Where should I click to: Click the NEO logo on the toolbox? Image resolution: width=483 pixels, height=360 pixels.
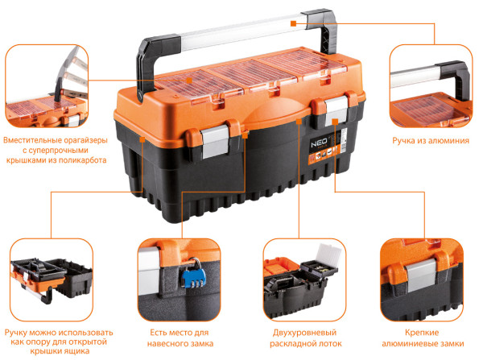click(x=319, y=143)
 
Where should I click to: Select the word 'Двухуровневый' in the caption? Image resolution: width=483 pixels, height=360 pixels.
click(x=304, y=333)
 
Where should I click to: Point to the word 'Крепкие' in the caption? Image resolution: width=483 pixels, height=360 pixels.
click(x=421, y=333)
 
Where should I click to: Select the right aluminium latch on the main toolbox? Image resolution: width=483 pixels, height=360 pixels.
click(x=336, y=110)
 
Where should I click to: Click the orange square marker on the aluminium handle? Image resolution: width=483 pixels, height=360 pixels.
click(x=294, y=23)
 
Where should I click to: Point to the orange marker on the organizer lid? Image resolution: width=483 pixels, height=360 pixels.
click(x=189, y=81)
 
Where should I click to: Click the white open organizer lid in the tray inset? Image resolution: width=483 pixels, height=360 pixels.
click(x=328, y=254)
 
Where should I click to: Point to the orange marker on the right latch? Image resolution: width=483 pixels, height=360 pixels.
click(x=335, y=122)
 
